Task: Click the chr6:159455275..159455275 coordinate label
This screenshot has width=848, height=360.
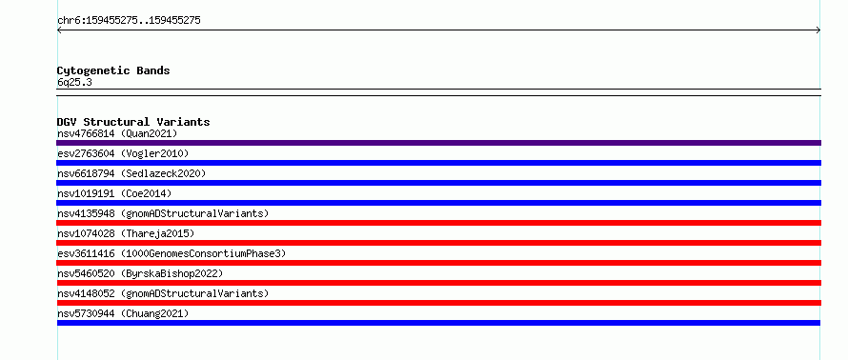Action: [x=129, y=21]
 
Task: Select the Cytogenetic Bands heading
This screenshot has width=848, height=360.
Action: [x=113, y=70]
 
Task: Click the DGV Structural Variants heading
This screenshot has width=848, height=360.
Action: [x=133, y=122]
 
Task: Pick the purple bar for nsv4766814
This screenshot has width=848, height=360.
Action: [x=438, y=143]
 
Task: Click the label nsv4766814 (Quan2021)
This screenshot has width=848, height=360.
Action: [x=117, y=133]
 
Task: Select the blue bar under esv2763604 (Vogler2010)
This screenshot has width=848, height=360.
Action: [x=438, y=163]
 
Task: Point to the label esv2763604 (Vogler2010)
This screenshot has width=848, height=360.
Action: [x=123, y=154]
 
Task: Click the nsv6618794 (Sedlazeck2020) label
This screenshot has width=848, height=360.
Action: [x=131, y=173]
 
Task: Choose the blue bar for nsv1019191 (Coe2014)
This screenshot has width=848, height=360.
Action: [x=438, y=203]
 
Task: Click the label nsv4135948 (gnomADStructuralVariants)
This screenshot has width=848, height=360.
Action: [x=163, y=213]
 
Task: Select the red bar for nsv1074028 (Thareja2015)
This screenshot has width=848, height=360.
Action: [x=438, y=243]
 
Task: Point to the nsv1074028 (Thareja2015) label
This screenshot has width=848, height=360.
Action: [x=126, y=233]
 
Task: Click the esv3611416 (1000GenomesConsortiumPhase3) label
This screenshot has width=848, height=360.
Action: [x=172, y=253]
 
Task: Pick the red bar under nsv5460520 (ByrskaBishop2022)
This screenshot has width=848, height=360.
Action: [x=438, y=283]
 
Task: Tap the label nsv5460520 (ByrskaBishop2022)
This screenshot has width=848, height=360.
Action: [x=140, y=273]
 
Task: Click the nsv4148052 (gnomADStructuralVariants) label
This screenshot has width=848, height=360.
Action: [x=163, y=293]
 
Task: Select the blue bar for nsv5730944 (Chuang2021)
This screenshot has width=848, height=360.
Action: [x=438, y=323]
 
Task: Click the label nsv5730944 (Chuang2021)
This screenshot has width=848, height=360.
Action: [x=123, y=313]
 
